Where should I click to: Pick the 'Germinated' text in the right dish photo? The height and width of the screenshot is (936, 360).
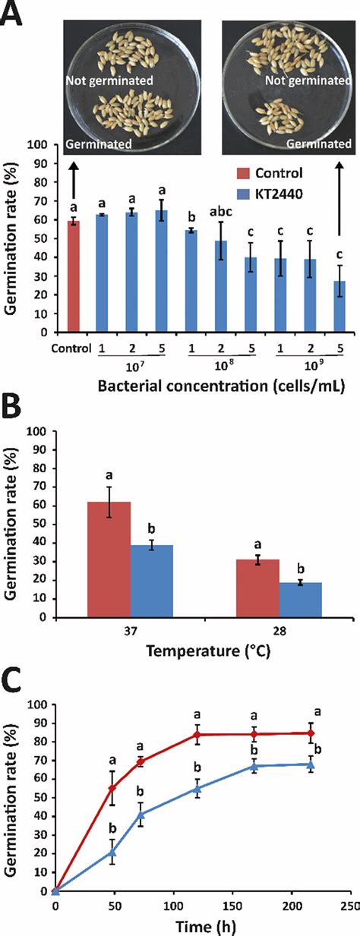coord(323,143)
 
